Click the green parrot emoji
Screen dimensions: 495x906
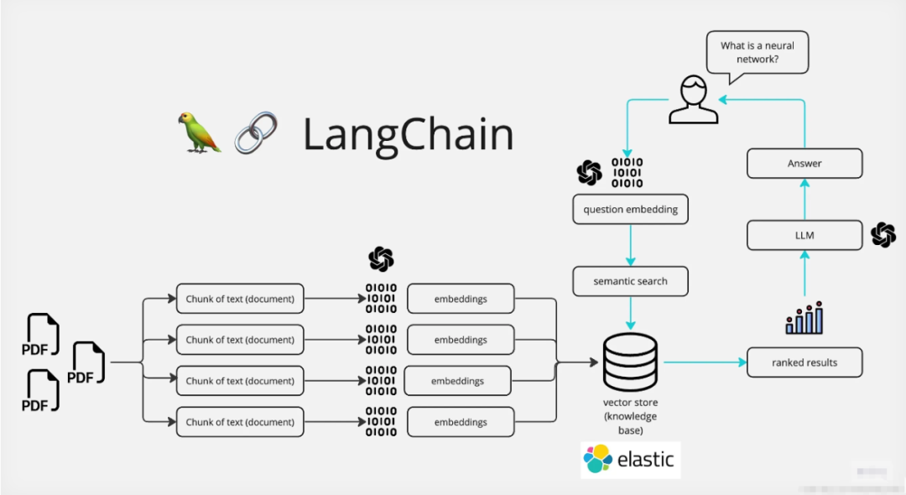coord(199,133)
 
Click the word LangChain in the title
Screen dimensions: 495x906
coord(408,134)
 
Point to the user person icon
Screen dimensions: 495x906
coord(693,100)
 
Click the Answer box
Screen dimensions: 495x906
coord(804,164)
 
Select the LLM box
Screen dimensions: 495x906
coord(804,236)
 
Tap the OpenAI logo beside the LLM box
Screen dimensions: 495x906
coord(883,235)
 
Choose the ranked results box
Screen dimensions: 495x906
coord(804,362)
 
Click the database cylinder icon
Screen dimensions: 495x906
coord(631,362)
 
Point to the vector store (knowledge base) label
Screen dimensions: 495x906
coord(631,416)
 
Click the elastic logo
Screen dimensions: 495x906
coord(630,460)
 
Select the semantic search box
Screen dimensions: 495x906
coord(630,281)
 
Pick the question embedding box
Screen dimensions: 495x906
coord(630,210)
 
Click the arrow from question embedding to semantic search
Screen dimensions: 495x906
coord(630,246)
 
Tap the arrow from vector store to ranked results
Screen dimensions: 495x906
coord(705,362)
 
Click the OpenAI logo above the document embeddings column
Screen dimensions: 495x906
coord(381,259)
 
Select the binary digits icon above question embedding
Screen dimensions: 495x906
coord(627,172)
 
